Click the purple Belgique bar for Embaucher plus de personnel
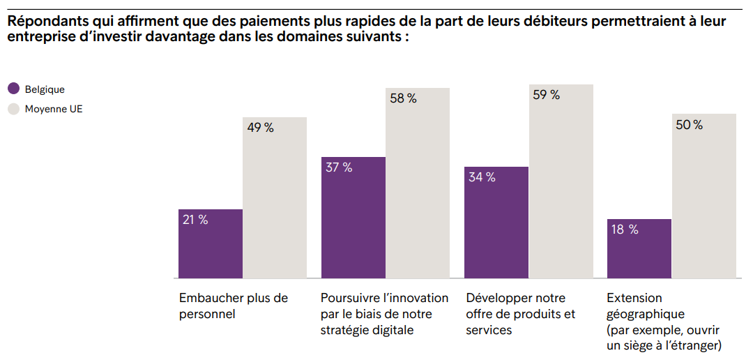[x=211, y=244]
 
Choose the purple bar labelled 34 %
[x=496, y=223]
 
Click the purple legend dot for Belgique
[x=13, y=89]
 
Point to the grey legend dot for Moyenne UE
[x=13, y=109]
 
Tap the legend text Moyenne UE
[x=54, y=109]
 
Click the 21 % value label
[x=195, y=220]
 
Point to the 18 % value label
[x=625, y=230]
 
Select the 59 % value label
[x=546, y=96]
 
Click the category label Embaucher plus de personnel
[x=233, y=306]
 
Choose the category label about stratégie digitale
[x=384, y=314]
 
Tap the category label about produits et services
[x=520, y=314]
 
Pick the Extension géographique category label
[x=663, y=322]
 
